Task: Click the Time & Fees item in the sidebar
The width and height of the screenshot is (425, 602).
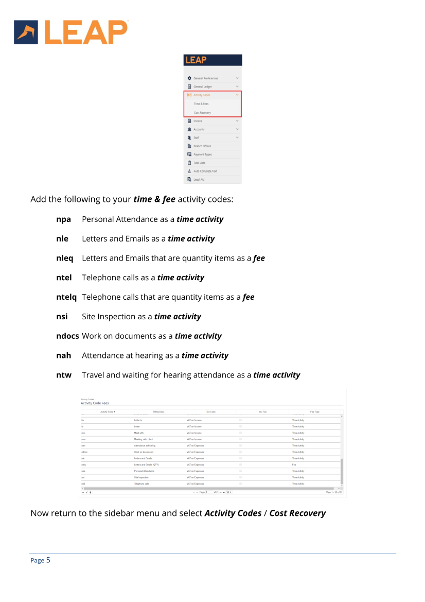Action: pyautogui.click(x=201, y=104)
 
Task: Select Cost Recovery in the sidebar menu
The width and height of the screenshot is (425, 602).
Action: pyautogui.click(x=202, y=113)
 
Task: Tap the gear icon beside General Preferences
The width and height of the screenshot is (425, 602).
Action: pyautogui.click(x=189, y=78)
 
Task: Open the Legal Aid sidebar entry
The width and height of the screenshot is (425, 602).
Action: pyautogui.click(x=199, y=180)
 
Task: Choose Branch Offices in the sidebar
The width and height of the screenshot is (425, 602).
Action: pyautogui.click(x=202, y=146)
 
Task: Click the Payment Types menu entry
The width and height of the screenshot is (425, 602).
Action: pyautogui.click(x=202, y=154)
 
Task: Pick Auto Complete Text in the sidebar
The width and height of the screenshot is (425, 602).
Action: pyautogui.click(x=205, y=171)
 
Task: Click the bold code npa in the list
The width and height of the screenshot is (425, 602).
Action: pyautogui.click(x=63, y=219)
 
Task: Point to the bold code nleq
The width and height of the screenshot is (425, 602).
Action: pyautogui.click(x=65, y=258)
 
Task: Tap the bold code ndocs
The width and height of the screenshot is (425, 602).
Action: pyautogui.click(x=67, y=336)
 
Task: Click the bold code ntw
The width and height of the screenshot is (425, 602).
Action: pyautogui.click(x=64, y=375)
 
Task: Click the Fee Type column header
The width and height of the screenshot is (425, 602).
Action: pyautogui.click(x=314, y=412)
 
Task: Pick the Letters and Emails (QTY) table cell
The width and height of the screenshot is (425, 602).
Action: pyautogui.click(x=146, y=465)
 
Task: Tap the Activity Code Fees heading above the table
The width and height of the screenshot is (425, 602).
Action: pyautogui.click(x=95, y=403)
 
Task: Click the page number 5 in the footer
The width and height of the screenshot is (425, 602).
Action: pyautogui.click(x=48, y=560)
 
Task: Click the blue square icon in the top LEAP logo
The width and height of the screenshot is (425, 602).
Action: pyautogui.click(x=26, y=32)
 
